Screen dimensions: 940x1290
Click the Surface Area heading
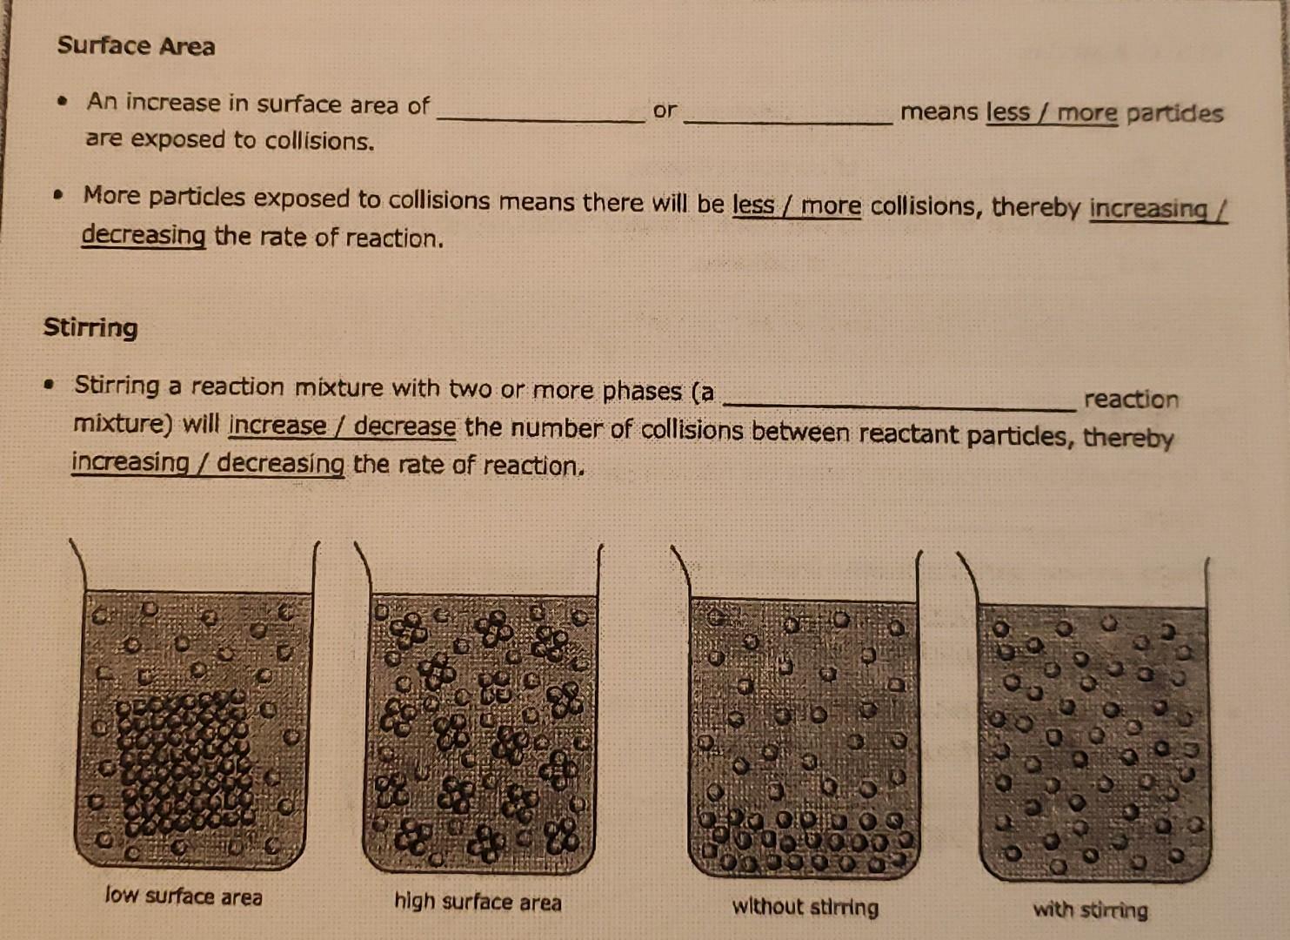point(136,45)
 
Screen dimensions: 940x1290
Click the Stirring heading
point(90,327)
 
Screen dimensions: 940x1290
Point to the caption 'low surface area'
point(184,896)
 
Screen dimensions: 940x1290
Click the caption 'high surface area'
point(478,901)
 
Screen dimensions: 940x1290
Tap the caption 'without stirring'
point(805,907)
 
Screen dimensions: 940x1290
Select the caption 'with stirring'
point(1090,910)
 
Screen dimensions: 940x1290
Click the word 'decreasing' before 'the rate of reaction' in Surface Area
point(144,235)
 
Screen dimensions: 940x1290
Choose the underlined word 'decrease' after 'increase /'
point(404,426)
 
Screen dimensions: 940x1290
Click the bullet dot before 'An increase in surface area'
point(62,102)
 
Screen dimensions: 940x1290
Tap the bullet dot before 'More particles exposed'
point(57,196)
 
